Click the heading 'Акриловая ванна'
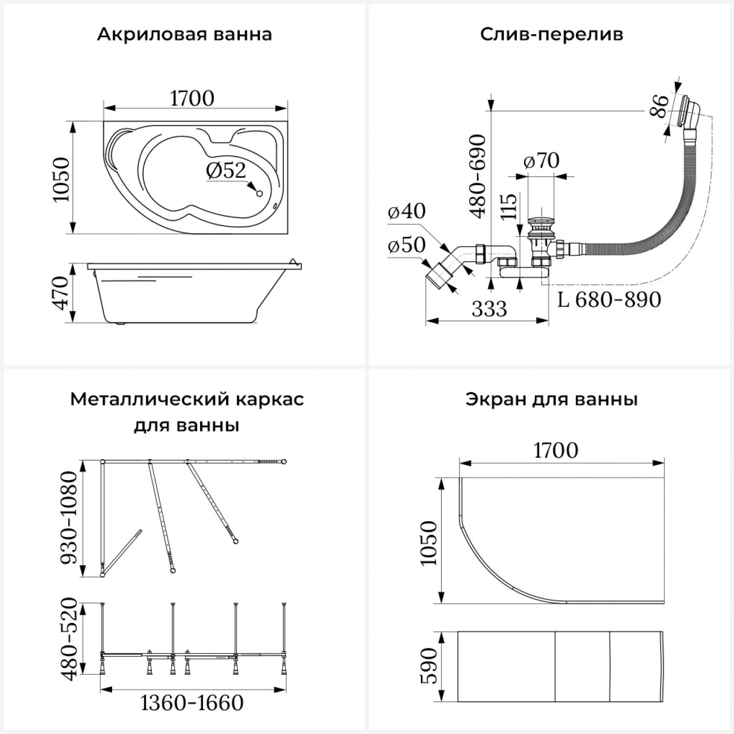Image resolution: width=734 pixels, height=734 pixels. (184, 35)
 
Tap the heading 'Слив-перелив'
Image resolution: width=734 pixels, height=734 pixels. (551, 35)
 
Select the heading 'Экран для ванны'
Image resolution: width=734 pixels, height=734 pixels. (551, 399)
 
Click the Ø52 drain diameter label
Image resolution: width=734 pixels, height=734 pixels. (226, 170)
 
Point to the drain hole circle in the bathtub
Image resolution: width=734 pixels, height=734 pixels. (260, 193)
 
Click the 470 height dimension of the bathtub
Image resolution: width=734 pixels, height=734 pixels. (61, 293)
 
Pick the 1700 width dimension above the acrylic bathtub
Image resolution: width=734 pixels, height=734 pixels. (192, 99)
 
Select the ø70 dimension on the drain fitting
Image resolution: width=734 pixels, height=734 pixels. (541, 161)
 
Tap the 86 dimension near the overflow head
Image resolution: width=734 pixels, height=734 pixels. (660, 106)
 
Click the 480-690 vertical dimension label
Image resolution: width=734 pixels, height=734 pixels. (478, 176)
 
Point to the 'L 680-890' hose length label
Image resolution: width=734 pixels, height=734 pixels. (609, 299)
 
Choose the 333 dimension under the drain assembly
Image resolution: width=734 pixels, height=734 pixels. (489, 309)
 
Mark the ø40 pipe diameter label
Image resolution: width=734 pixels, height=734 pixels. (407, 211)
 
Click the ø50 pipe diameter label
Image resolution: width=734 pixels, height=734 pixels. (407, 245)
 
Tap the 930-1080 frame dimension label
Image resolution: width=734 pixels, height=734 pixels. (68, 518)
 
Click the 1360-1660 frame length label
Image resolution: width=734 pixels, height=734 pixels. (192, 703)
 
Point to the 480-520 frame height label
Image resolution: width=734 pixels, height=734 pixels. (68, 639)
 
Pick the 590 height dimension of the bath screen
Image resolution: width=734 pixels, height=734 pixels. (429, 667)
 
